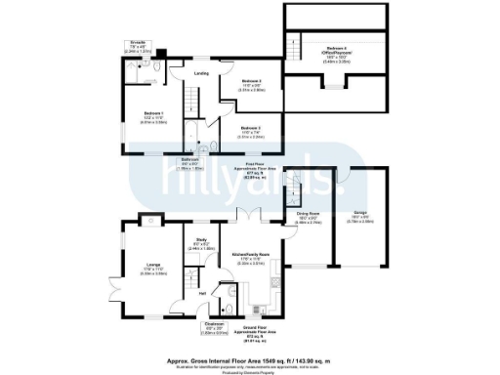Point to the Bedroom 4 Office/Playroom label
tap(339, 55)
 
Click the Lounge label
tap(153, 266)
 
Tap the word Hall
tap(201, 292)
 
